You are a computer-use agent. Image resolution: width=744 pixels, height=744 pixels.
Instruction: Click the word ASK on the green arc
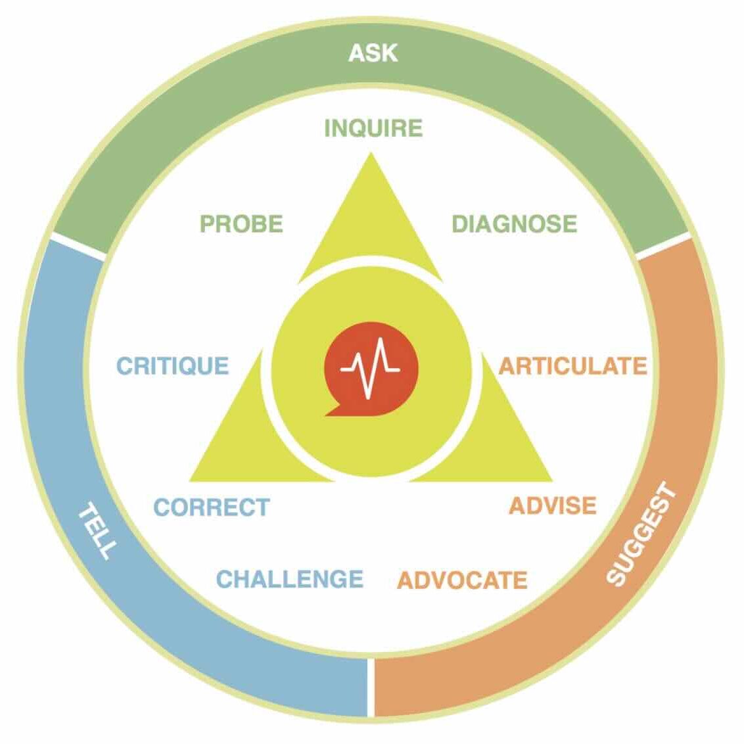pyautogui.click(x=373, y=53)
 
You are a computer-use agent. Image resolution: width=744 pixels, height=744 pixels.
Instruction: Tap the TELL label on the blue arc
pyautogui.click(x=97, y=532)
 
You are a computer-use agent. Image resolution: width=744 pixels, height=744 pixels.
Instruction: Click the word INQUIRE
pyautogui.click(x=373, y=128)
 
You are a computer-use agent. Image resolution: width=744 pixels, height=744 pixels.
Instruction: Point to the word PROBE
pyautogui.click(x=241, y=224)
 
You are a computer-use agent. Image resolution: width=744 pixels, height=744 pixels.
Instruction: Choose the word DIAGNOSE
pyautogui.click(x=515, y=224)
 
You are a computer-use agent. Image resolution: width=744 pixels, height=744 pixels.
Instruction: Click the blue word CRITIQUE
pyautogui.click(x=173, y=366)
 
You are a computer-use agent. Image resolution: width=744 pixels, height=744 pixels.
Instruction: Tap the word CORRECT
pyautogui.click(x=212, y=507)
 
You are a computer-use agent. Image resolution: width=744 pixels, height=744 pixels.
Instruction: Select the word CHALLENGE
pyautogui.click(x=289, y=579)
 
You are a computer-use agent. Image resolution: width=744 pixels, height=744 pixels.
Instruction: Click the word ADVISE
pyautogui.click(x=552, y=506)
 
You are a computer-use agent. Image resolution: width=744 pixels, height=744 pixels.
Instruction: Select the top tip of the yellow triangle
pyautogui.click(x=371, y=153)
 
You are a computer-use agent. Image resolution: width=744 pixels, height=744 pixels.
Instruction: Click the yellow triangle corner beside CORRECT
pyautogui.click(x=191, y=480)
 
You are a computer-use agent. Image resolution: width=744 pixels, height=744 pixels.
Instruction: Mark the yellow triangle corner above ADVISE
pyautogui.click(x=551, y=480)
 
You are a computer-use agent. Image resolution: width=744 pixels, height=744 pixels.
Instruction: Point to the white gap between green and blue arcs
pyautogui.click(x=78, y=246)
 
